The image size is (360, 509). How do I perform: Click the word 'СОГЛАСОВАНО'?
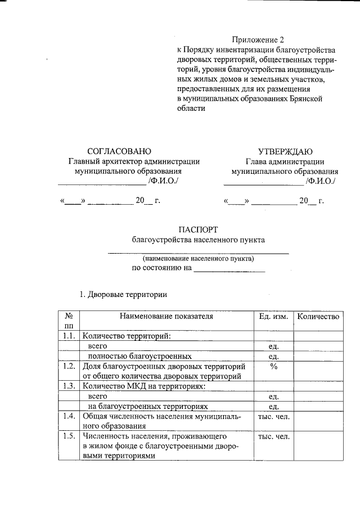(x=119, y=151)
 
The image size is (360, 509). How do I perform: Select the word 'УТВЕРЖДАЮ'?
(x=285, y=151)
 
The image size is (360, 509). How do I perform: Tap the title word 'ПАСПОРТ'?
(x=197, y=229)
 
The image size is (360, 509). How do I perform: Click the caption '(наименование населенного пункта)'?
(x=198, y=259)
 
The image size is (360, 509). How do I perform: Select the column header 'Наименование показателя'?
(x=166, y=317)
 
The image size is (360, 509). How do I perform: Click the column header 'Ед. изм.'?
(x=273, y=317)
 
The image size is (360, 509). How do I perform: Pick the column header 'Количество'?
(x=318, y=317)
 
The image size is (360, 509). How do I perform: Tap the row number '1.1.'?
(x=69, y=336)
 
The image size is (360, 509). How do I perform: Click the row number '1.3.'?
(x=69, y=386)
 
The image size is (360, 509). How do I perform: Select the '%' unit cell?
(x=273, y=366)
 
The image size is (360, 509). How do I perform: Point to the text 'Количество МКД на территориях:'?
(x=144, y=386)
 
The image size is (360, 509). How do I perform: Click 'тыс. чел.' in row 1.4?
(x=273, y=417)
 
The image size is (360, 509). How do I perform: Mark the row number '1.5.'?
(x=69, y=436)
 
